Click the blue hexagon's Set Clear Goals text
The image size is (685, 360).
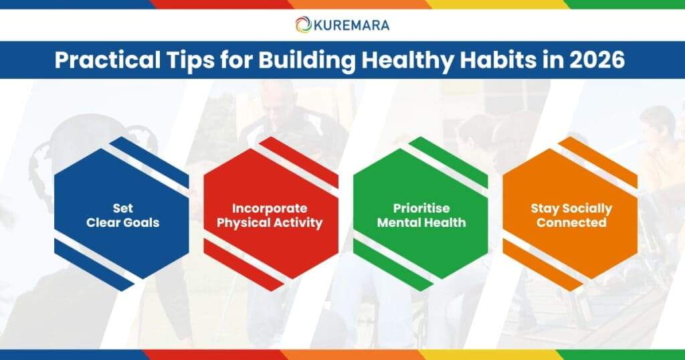122,215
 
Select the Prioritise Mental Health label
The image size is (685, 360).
421,215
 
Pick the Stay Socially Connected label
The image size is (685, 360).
571,215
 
